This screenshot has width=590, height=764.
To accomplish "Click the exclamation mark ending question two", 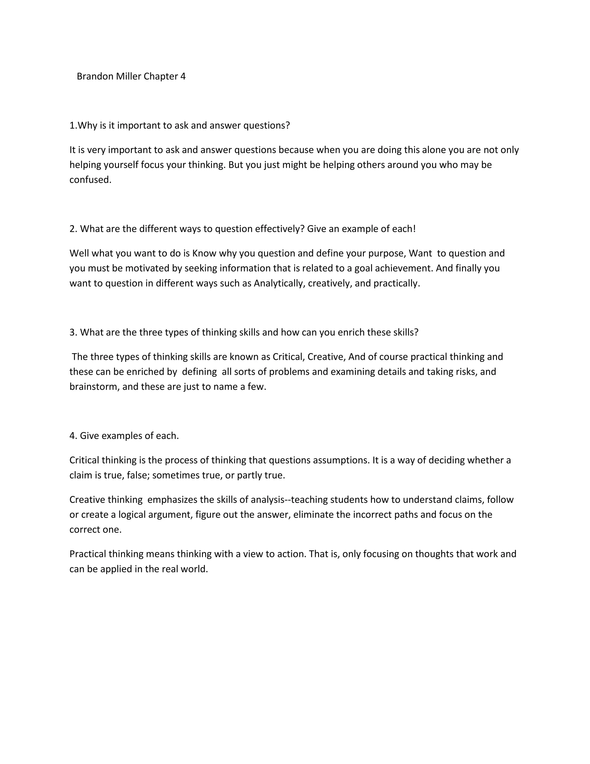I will click(414, 229).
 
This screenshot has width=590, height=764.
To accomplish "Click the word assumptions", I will click(341, 460).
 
